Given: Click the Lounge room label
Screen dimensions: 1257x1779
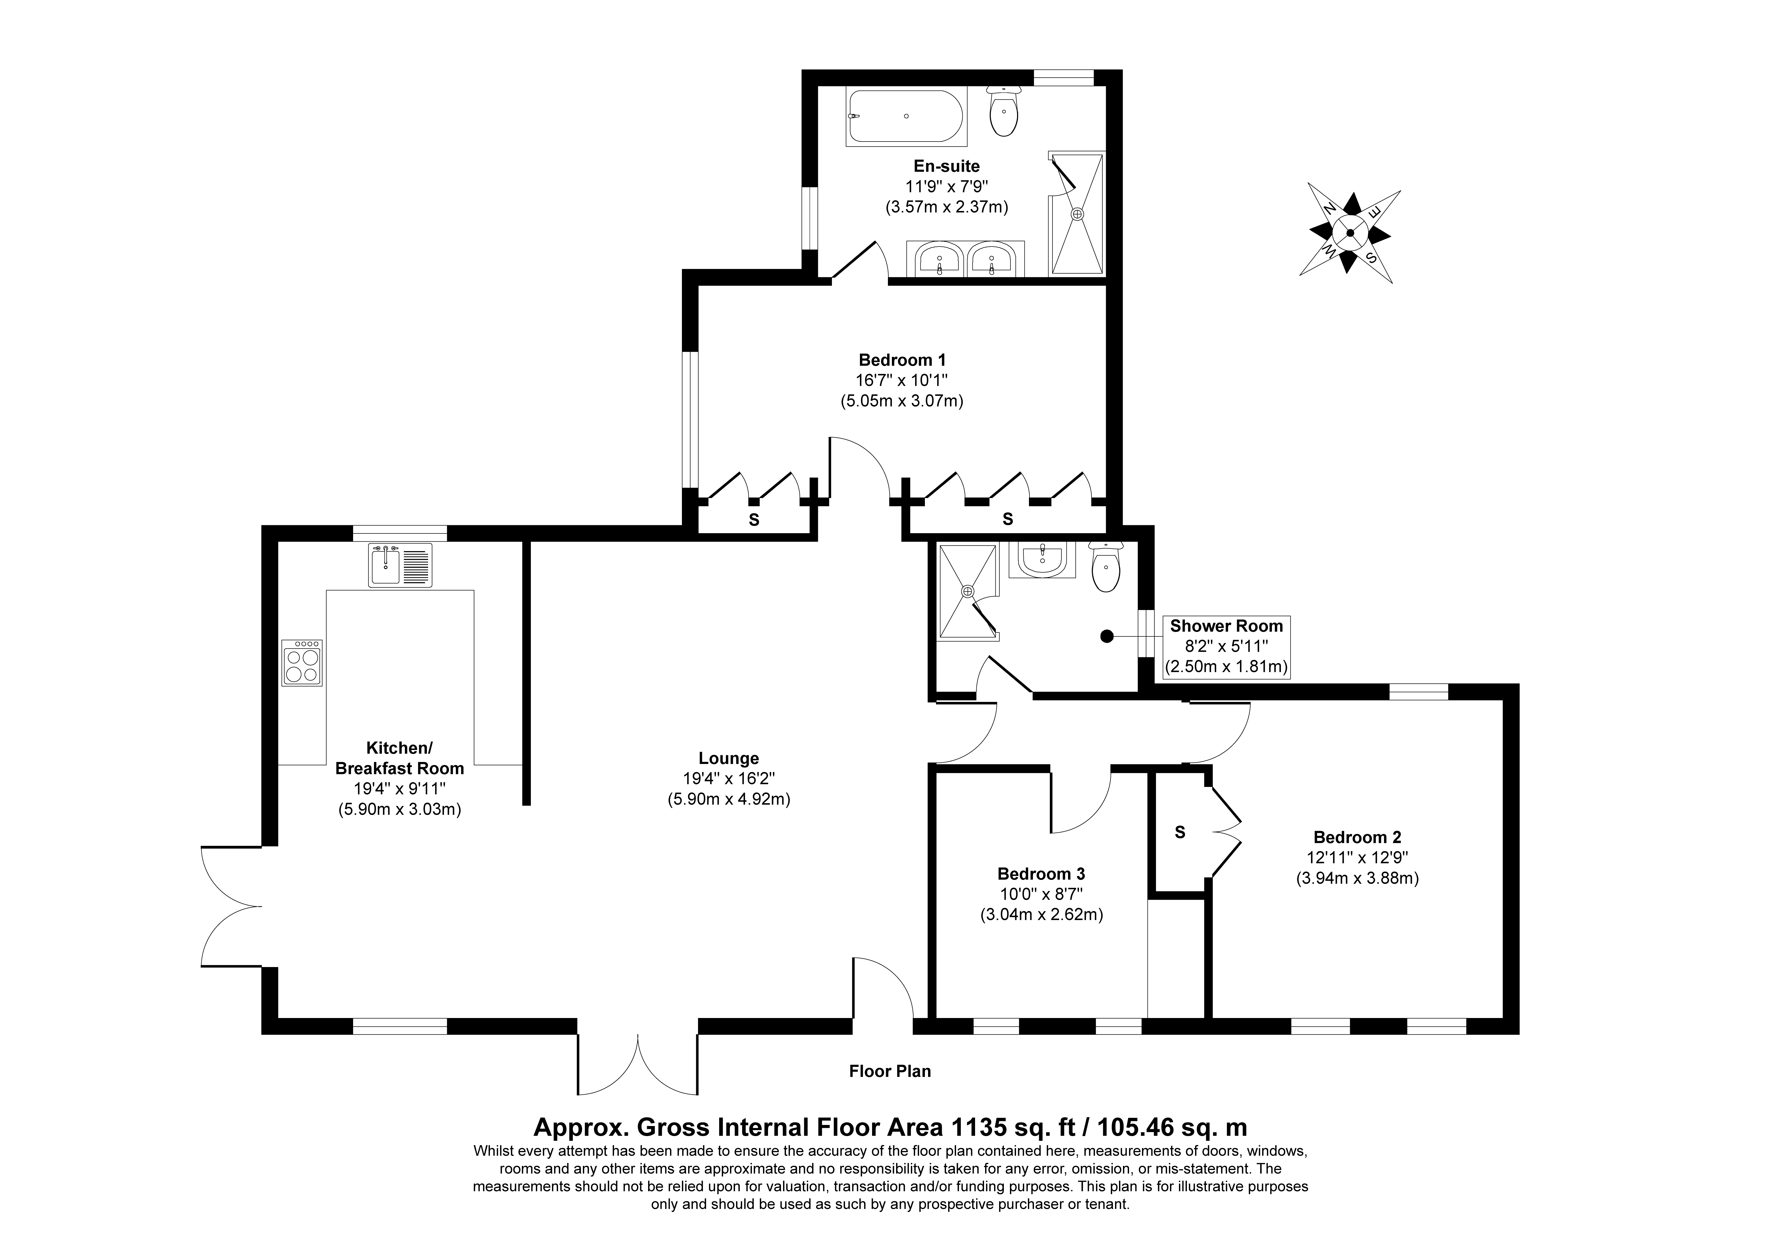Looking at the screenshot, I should (728, 759).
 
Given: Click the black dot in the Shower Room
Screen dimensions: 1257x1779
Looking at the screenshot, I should (1107, 636).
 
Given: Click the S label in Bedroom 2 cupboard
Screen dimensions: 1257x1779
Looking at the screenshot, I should (1180, 832).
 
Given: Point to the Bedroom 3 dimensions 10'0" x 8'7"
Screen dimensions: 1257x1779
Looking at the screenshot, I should (1041, 894).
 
